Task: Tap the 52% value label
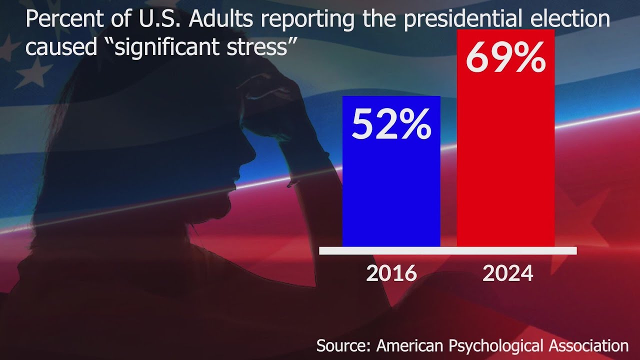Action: pos(391,125)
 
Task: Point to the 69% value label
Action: pos(505,58)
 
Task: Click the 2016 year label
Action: pos(391,273)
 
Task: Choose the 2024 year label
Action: pos(507,273)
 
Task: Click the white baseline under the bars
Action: pos(447,250)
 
